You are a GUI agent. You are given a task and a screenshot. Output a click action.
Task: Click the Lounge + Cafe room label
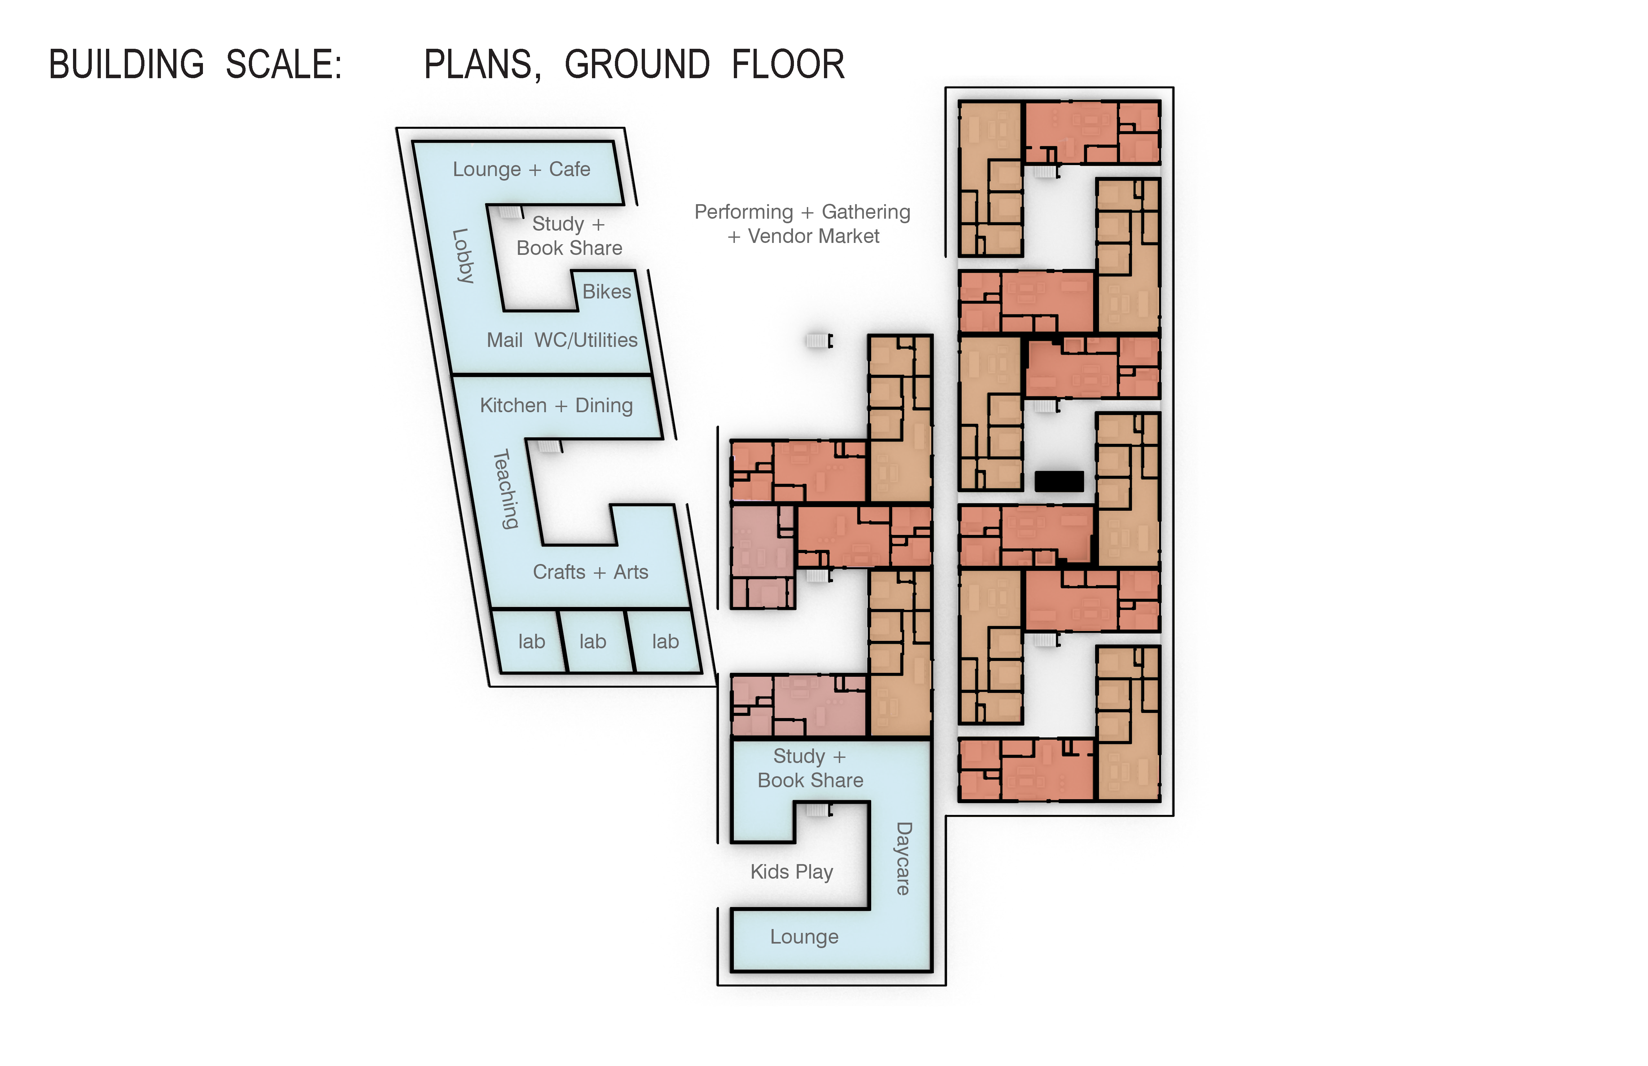tap(522, 170)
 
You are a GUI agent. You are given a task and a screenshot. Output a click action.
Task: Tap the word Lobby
tap(462, 256)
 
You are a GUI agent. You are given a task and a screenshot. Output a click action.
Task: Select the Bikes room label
tap(607, 291)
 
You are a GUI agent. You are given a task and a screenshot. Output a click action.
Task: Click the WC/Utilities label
tap(586, 340)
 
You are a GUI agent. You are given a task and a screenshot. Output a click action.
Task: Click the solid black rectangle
tap(1059, 481)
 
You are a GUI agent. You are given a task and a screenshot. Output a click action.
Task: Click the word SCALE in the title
tap(284, 65)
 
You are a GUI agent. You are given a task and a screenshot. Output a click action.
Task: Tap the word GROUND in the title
tap(637, 65)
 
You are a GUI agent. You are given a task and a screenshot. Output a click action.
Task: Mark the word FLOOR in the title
tap(788, 65)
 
